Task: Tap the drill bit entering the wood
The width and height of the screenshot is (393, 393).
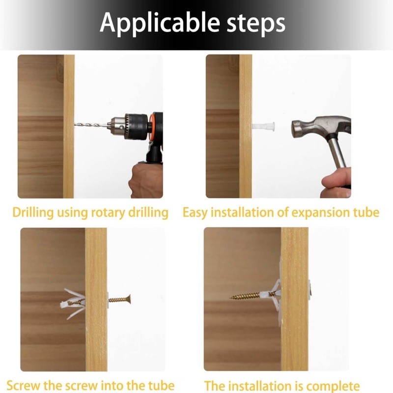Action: tap(91, 125)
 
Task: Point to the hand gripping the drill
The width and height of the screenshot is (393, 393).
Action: tap(145, 180)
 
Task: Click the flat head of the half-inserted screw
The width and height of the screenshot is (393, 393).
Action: tap(129, 299)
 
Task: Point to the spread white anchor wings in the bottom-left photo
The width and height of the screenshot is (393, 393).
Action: tap(73, 304)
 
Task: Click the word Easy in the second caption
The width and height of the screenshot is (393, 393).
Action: tap(195, 213)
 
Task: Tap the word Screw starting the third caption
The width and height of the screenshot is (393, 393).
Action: tap(23, 386)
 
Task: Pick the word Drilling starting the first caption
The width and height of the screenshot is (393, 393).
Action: tap(33, 213)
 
